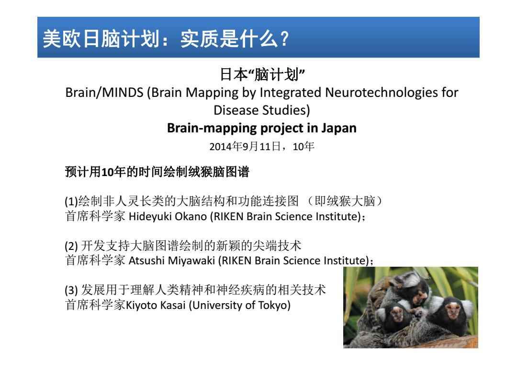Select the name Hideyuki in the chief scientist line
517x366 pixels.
pos(146,216)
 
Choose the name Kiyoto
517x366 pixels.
pos(139,306)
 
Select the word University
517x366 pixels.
pos(217,306)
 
